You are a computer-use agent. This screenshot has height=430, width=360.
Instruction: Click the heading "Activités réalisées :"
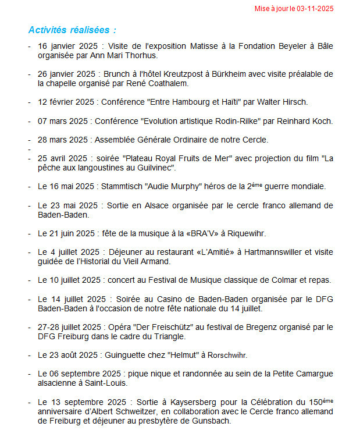pos(72,30)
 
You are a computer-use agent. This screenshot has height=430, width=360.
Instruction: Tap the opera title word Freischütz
pos(158,327)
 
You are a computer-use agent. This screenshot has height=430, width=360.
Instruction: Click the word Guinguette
pos(126,355)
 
